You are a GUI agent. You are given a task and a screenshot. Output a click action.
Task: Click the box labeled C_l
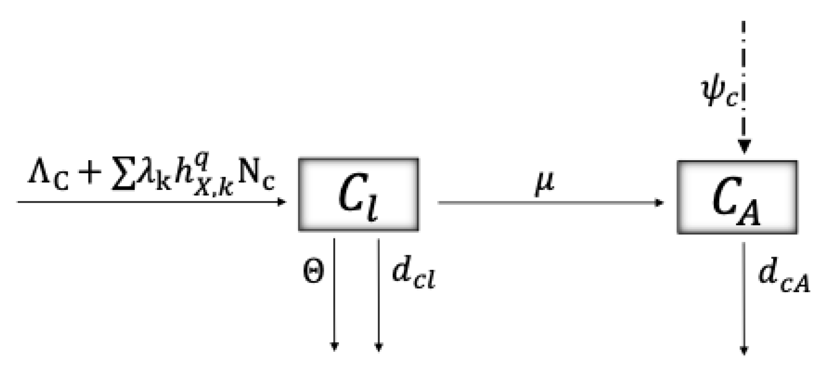358,195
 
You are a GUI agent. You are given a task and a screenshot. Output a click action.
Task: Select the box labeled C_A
737,197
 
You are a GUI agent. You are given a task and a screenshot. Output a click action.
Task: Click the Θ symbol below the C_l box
313,271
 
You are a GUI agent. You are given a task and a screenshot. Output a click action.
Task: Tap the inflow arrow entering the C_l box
150,202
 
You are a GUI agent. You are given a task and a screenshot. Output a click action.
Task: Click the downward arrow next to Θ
334,293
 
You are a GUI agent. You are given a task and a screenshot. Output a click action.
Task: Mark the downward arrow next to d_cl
379,293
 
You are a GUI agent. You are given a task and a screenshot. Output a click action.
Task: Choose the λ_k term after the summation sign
152,177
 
